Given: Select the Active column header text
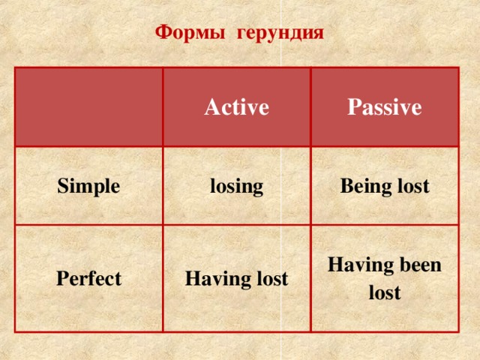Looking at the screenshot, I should pos(236,108).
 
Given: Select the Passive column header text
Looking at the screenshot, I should pos(383,108).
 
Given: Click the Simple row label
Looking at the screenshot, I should pos(88,187).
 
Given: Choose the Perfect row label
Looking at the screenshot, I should pos(88,279).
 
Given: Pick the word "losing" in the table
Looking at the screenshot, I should pos(236,186).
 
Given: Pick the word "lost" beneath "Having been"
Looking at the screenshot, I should pos(384,292).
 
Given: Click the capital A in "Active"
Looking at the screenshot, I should pos(211,108).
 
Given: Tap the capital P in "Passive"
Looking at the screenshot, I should pos(352,108).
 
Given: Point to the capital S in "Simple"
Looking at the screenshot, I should pos(62,187).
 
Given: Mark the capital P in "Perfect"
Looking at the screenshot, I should pos(61,279).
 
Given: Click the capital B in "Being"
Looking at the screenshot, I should pos(346,185).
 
